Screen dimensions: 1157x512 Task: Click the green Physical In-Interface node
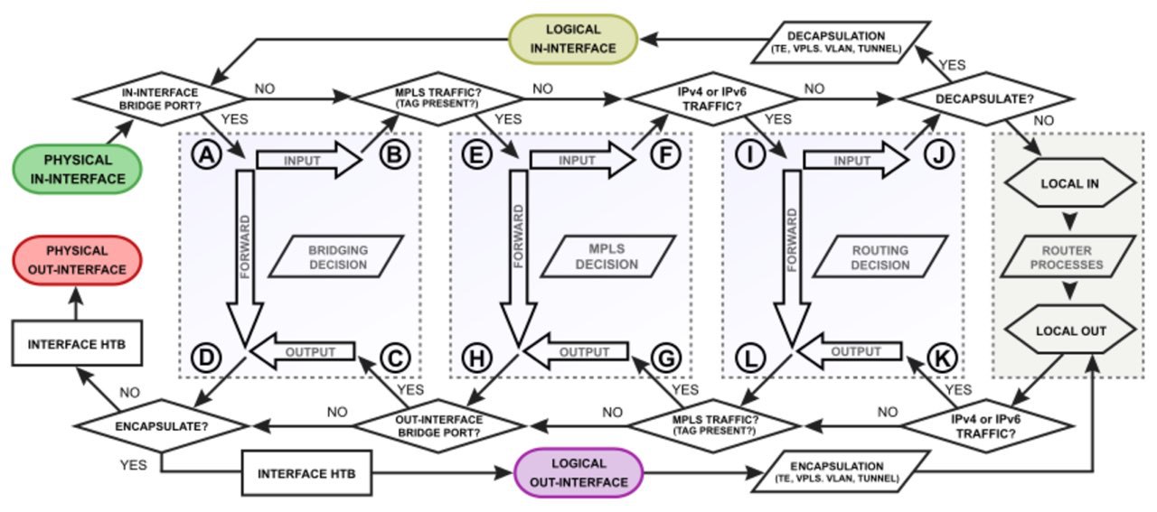tap(78, 169)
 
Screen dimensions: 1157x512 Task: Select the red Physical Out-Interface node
tap(78, 260)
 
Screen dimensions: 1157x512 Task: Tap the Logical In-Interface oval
tap(573, 39)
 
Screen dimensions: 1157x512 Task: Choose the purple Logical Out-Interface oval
tap(578, 473)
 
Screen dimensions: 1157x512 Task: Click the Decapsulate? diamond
tap(985, 98)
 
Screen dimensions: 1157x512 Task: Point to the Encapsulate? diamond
tap(162, 426)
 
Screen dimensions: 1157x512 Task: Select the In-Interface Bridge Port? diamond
tap(160, 98)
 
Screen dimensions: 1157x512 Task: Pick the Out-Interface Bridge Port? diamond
tap(439, 426)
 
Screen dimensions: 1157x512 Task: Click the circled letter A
tap(207, 154)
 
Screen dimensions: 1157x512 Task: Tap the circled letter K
tap(942, 358)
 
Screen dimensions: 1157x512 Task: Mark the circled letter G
tap(666, 358)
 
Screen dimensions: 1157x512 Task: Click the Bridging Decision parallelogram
tap(336, 257)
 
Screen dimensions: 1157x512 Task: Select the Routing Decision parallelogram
tap(880, 257)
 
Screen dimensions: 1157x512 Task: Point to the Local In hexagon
tap(1069, 183)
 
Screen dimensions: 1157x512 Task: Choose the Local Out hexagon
tap(1069, 330)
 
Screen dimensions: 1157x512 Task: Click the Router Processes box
tap(1068, 257)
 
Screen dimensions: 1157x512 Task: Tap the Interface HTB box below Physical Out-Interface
tap(77, 343)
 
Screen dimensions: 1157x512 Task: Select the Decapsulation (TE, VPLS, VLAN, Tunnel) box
tap(841, 42)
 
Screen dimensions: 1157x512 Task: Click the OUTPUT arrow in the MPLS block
tap(576, 351)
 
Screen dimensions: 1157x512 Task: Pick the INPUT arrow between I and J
tap(856, 160)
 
